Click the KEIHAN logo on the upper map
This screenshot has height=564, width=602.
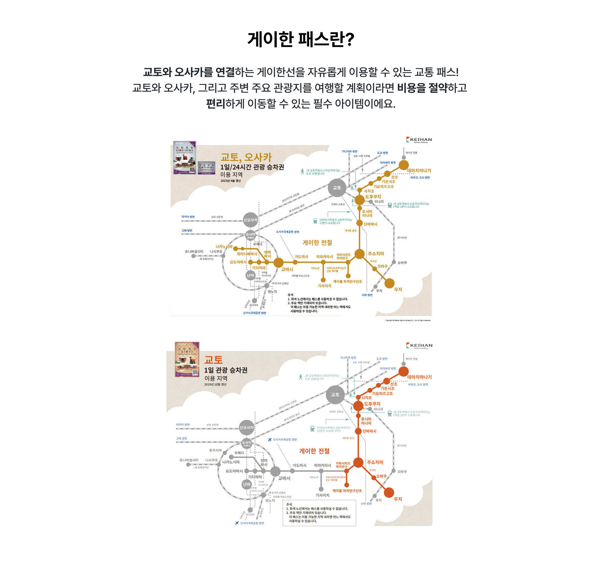click(419, 140)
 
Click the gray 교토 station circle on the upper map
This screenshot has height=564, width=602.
click(337, 187)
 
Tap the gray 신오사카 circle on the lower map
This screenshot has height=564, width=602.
click(246, 427)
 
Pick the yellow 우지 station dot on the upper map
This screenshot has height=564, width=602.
click(389, 283)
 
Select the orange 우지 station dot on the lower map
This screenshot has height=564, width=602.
click(389, 492)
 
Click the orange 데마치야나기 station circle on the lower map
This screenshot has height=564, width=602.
click(403, 371)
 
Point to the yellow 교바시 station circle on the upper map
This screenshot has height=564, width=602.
click(278, 263)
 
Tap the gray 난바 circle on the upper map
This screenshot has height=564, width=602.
click(250, 275)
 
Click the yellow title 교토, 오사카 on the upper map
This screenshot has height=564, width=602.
click(246, 157)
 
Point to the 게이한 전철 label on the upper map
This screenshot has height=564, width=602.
click(317, 243)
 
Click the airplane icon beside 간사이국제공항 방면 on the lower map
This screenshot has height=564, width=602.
click(237, 523)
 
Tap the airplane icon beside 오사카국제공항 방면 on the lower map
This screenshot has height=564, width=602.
click(270, 440)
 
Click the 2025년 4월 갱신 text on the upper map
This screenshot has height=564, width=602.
click(230, 181)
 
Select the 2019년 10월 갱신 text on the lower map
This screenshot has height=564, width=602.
click(215, 384)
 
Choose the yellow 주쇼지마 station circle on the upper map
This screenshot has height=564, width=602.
click(359, 254)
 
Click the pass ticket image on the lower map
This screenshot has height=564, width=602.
click(187, 359)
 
